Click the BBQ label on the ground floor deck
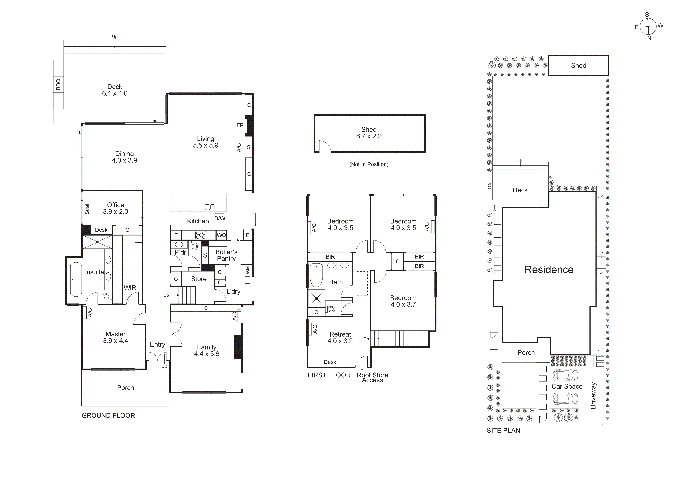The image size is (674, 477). coord(58,84)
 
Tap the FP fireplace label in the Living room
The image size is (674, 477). coord(240,125)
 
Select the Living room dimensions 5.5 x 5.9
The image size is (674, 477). coord(205,145)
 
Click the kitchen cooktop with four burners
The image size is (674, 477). coord(201,235)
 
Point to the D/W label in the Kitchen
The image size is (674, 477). coord(220,218)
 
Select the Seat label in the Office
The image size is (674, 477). coord(87,209)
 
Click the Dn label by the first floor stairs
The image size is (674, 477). coord(366,339)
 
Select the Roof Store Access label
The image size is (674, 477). coord(372,377)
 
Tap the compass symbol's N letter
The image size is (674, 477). coord(649,38)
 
